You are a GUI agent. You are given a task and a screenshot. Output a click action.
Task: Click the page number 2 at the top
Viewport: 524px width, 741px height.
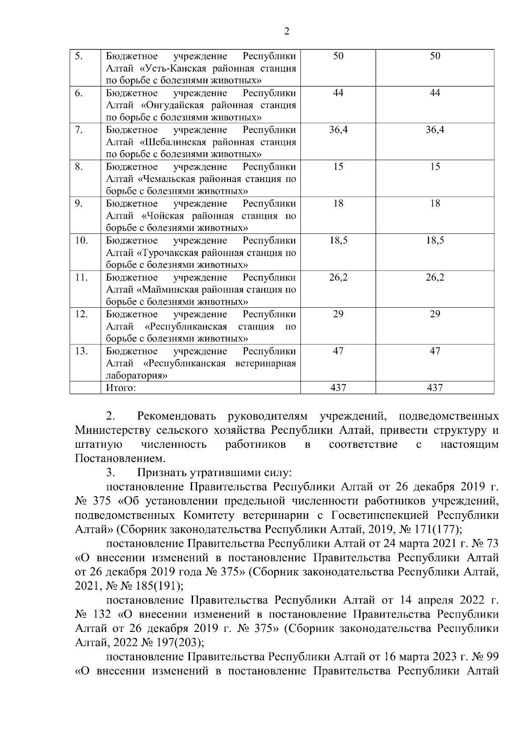coord(286,31)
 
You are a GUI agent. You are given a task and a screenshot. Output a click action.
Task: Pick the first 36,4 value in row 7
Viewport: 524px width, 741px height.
coord(338,130)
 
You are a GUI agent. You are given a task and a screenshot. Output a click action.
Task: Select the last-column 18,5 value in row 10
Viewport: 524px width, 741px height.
coord(435,240)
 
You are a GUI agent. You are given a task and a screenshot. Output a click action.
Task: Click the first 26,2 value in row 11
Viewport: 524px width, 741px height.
coord(338,278)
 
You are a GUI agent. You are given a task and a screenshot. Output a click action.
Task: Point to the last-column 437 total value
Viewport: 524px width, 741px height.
coord(435,388)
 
